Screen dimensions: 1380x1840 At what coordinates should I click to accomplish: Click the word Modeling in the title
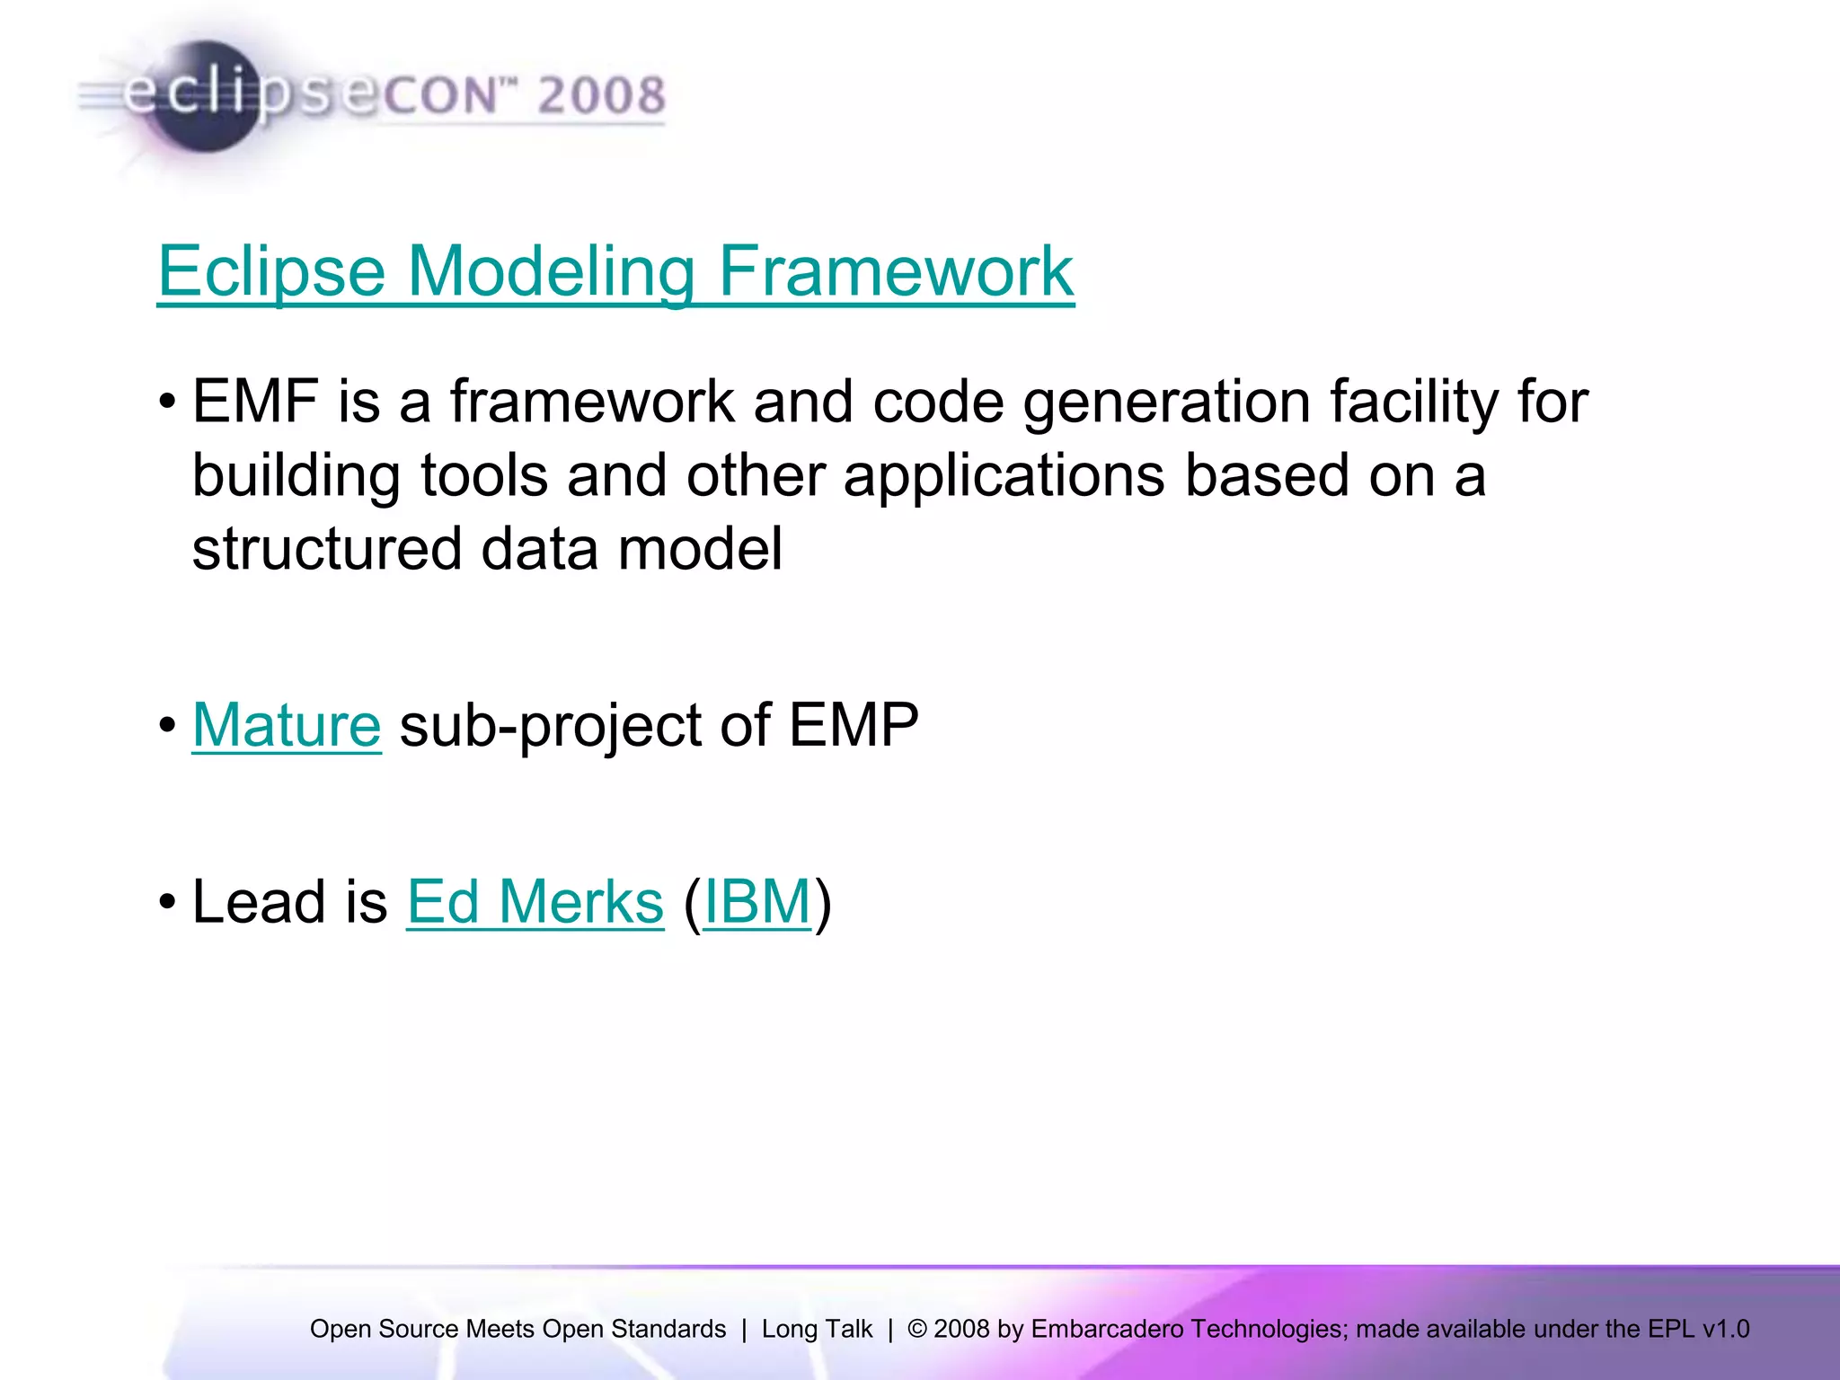click(551, 270)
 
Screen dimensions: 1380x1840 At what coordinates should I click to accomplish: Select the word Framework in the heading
click(895, 270)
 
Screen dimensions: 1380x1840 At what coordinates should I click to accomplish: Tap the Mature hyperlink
click(287, 724)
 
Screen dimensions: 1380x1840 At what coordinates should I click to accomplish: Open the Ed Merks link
click(535, 901)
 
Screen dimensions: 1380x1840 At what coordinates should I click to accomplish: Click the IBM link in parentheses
click(757, 901)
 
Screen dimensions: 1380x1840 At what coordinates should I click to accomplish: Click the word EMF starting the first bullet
click(255, 401)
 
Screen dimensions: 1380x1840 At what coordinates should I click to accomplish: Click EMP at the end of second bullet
click(854, 724)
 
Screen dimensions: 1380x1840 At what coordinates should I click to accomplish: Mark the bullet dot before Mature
click(167, 724)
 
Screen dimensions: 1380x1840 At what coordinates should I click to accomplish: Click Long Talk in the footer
click(817, 1329)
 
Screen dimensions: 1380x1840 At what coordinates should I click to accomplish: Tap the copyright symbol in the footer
click(916, 1329)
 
